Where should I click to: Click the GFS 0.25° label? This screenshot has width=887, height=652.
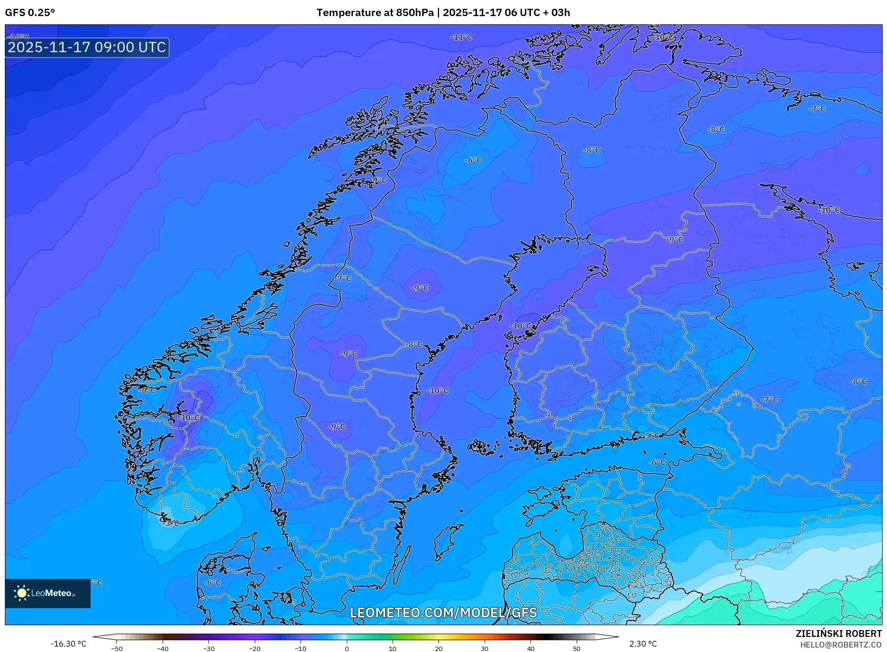[30, 13]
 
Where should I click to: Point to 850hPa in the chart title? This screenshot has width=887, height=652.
[415, 13]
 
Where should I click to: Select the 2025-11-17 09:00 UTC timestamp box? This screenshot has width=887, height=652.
[87, 47]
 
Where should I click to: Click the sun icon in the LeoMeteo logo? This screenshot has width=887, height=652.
[21, 593]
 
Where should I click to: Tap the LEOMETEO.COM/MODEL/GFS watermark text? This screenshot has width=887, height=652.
[443, 613]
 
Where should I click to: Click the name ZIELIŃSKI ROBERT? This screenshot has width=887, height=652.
[838, 633]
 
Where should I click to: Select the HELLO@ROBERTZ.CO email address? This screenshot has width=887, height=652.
[841, 645]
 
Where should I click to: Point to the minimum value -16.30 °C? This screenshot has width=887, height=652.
[69, 644]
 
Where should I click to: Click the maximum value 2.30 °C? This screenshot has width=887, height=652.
[643, 644]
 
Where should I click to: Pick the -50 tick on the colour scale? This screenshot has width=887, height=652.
[117, 649]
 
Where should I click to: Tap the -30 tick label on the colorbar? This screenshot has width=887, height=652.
[208, 649]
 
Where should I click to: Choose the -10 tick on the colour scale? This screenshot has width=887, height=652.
[301, 649]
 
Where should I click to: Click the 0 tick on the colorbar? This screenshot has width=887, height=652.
[347, 649]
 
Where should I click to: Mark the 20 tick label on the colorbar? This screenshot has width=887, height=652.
[438, 649]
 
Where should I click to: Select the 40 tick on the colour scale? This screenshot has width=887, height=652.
[530, 649]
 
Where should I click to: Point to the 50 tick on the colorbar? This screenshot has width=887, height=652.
[576, 649]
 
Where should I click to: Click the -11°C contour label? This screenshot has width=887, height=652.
[461, 37]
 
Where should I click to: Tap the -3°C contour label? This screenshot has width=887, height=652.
[171, 523]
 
